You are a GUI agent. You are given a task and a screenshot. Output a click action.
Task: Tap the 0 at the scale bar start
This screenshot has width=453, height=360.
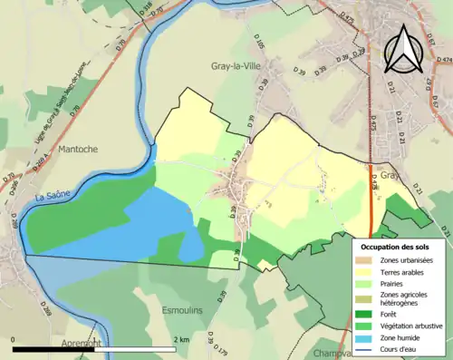point(14,339)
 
